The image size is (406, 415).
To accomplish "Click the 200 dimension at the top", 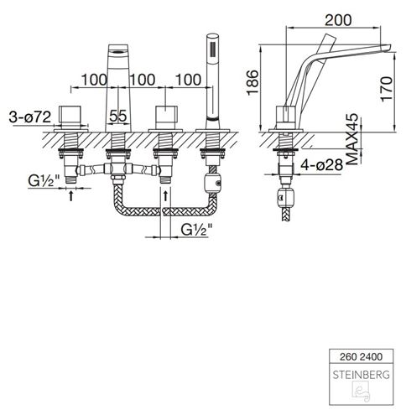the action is (338, 20).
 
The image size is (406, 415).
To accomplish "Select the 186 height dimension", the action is (252, 82).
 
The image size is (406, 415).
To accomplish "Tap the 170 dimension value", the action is (387, 89).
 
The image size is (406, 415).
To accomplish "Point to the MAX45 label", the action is (353, 139).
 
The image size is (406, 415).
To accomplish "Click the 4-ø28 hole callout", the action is (321, 165).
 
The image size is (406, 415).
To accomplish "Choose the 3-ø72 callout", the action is (30, 117).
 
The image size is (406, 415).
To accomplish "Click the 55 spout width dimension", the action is (117, 116).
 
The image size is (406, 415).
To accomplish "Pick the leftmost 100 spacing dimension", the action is (94, 80).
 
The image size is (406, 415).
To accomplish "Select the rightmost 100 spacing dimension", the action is (188, 80).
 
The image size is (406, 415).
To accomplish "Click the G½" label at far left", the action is (44, 181).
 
